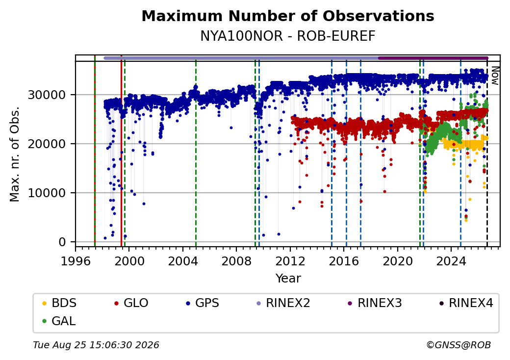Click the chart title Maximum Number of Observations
(288, 16)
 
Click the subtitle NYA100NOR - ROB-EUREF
(288, 36)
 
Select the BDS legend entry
(59, 303)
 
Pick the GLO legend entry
(131, 303)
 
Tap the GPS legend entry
(203, 303)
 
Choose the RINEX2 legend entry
(283, 303)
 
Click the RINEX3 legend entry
(375, 303)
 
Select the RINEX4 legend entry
(466, 303)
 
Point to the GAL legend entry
(59, 321)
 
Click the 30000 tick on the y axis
(47, 95)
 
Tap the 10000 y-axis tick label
(47, 193)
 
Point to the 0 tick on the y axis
(62, 242)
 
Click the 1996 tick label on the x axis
(76, 261)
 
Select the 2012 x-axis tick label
(290, 261)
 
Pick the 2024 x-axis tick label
(451, 261)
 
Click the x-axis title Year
(288, 279)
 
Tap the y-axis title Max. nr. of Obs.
(15, 154)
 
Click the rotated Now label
(495, 76)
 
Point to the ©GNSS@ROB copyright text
(459, 345)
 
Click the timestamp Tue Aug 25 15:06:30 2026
(96, 345)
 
